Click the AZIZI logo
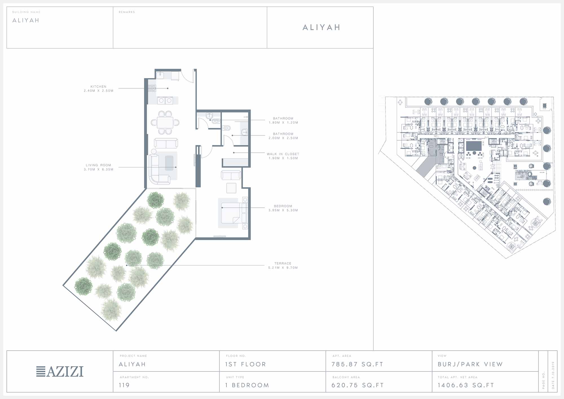[60, 371]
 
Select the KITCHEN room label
[98, 87]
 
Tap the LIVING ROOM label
[98, 165]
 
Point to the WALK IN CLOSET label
[283, 154]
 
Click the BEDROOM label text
[283, 206]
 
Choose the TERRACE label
[283, 263]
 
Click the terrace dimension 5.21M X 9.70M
[283, 268]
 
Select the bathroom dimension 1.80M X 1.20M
[283, 122]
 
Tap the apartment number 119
[124, 385]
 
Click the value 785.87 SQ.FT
[357, 364]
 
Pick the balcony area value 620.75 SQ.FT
[357, 385]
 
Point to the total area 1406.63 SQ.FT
[466, 385]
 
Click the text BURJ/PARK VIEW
[470, 364]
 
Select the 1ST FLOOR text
[245, 364]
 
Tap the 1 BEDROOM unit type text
[247, 385]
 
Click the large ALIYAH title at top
[321, 27]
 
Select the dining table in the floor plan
[165, 122]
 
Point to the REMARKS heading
[127, 12]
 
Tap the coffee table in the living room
[169, 163]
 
